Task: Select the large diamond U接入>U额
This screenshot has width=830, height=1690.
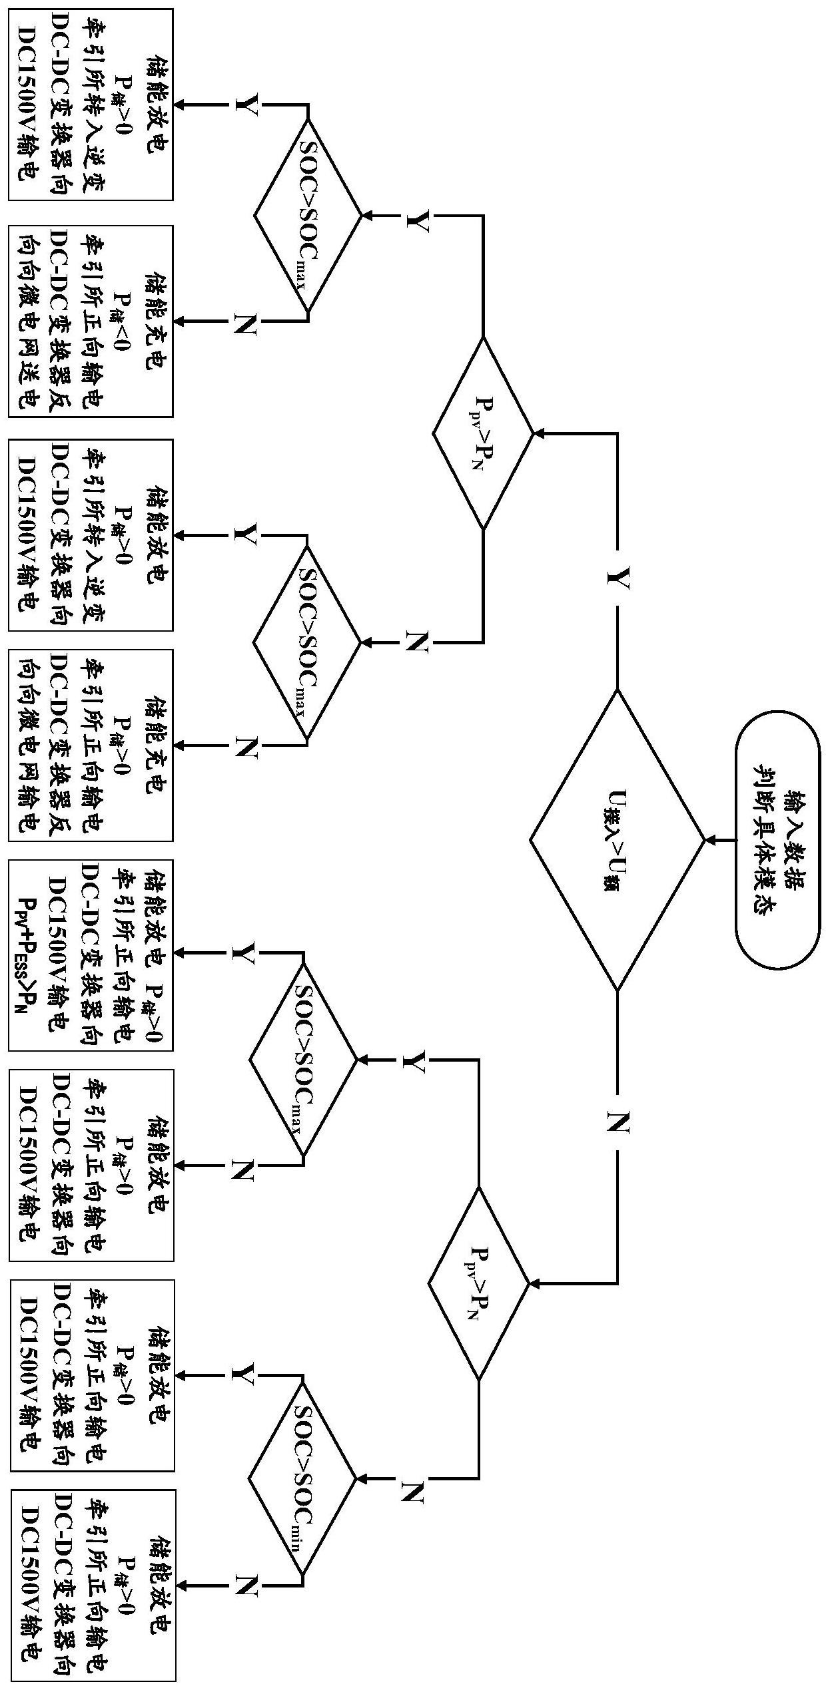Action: [x=617, y=839]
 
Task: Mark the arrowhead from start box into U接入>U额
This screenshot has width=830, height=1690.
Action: [x=710, y=840]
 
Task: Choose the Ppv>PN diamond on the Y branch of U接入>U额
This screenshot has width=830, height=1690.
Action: [x=483, y=434]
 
